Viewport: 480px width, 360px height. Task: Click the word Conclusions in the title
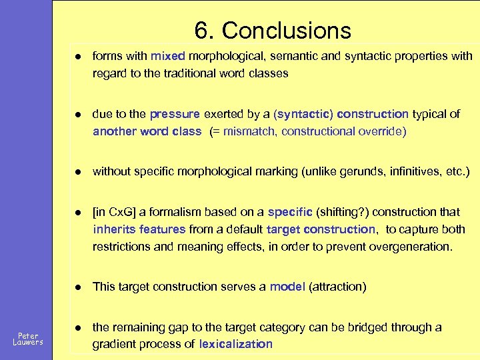(x=287, y=31)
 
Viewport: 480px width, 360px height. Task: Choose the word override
(x=381, y=131)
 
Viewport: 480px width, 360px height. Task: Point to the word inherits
(x=114, y=229)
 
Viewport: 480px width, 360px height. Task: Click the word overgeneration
(x=410, y=247)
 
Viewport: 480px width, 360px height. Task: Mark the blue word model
(x=287, y=287)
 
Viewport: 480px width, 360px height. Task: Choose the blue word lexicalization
(x=236, y=344)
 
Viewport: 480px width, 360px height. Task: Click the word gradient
(x=114, y=344)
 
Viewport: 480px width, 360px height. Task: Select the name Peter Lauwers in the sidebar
(x=28, y=339)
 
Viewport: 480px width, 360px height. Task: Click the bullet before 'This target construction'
(x=79, y=287)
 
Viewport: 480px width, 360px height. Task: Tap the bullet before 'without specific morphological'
(x=79, y=171)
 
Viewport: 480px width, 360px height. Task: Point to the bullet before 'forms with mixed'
(x=79, y=56)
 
